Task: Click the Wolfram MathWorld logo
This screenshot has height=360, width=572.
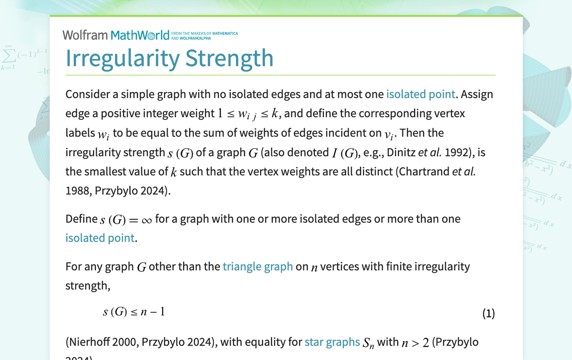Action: tap(116, 35)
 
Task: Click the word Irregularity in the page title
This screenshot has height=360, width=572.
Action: tap(122, 58)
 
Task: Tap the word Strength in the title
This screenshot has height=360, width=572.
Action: tap(229, 58)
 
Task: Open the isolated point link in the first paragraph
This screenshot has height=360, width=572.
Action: tap(420, 94)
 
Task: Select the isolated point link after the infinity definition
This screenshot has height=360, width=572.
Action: tap(99, 238)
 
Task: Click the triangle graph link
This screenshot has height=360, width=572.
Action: tap(258, 267)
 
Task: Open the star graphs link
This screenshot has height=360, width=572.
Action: tap(332, 342)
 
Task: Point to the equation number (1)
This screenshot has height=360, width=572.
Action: tap(488, 313)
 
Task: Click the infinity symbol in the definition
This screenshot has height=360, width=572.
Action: tap(146, 220)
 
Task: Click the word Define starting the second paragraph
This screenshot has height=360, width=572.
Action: tap(81, 219)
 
